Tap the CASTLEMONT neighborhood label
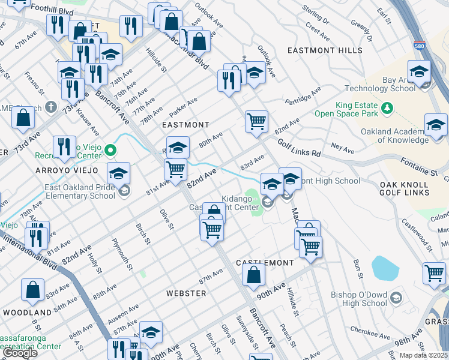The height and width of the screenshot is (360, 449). point(265,263)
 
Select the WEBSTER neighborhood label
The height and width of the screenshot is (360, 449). point(186,293)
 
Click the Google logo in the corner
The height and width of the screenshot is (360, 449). point(20,353)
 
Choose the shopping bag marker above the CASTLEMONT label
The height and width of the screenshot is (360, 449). point(254,275)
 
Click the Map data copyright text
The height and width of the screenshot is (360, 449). point(424,355)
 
